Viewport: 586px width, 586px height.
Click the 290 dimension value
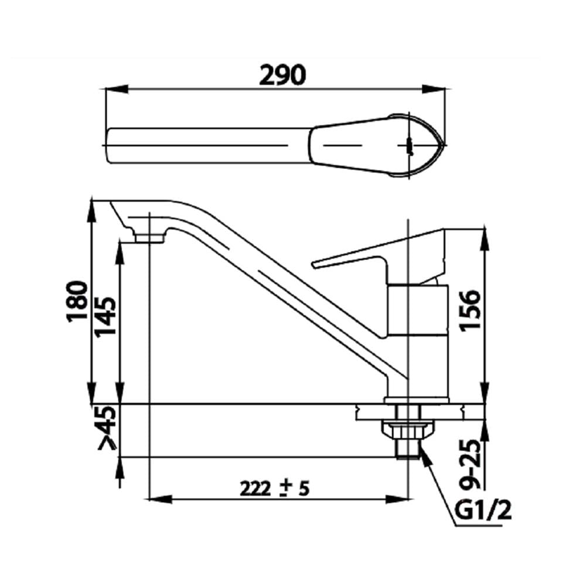(282, 75)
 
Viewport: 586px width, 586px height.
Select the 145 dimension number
(105, 317)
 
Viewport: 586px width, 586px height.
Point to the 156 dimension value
(469, 310)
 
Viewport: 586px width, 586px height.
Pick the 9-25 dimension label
(469, 464)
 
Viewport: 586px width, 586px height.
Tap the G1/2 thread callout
(483, 510)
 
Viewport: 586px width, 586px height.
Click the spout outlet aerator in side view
(149, 238)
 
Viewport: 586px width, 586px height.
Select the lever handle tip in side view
(314, 265)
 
